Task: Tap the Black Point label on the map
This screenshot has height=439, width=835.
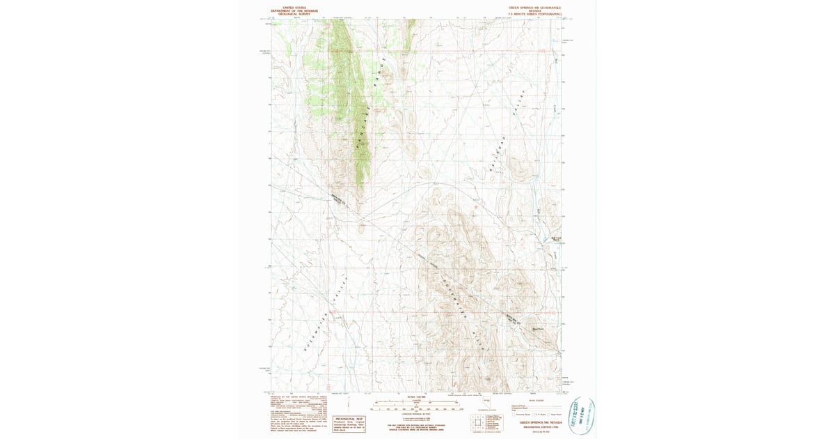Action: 536,328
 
